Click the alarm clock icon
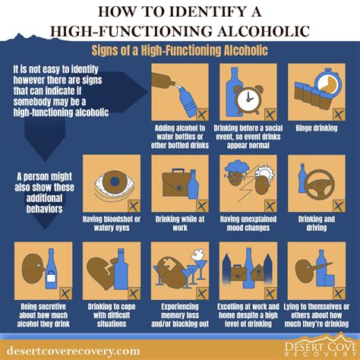click(249, 99)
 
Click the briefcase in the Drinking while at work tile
click(176, 183)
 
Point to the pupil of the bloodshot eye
click(115, 181)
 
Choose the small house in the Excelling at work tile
click(257, 272)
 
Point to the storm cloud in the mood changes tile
click(237, 169)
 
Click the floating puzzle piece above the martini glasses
click(199, 254)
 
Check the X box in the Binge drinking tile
click(339, 115)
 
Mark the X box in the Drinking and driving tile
click(339, 206)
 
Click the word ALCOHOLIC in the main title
click(264, 31)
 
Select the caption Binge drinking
click(317, 128)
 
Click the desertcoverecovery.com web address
click(74, 351)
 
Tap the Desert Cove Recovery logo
click(321, 347)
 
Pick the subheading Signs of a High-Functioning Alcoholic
click(180, 50)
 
